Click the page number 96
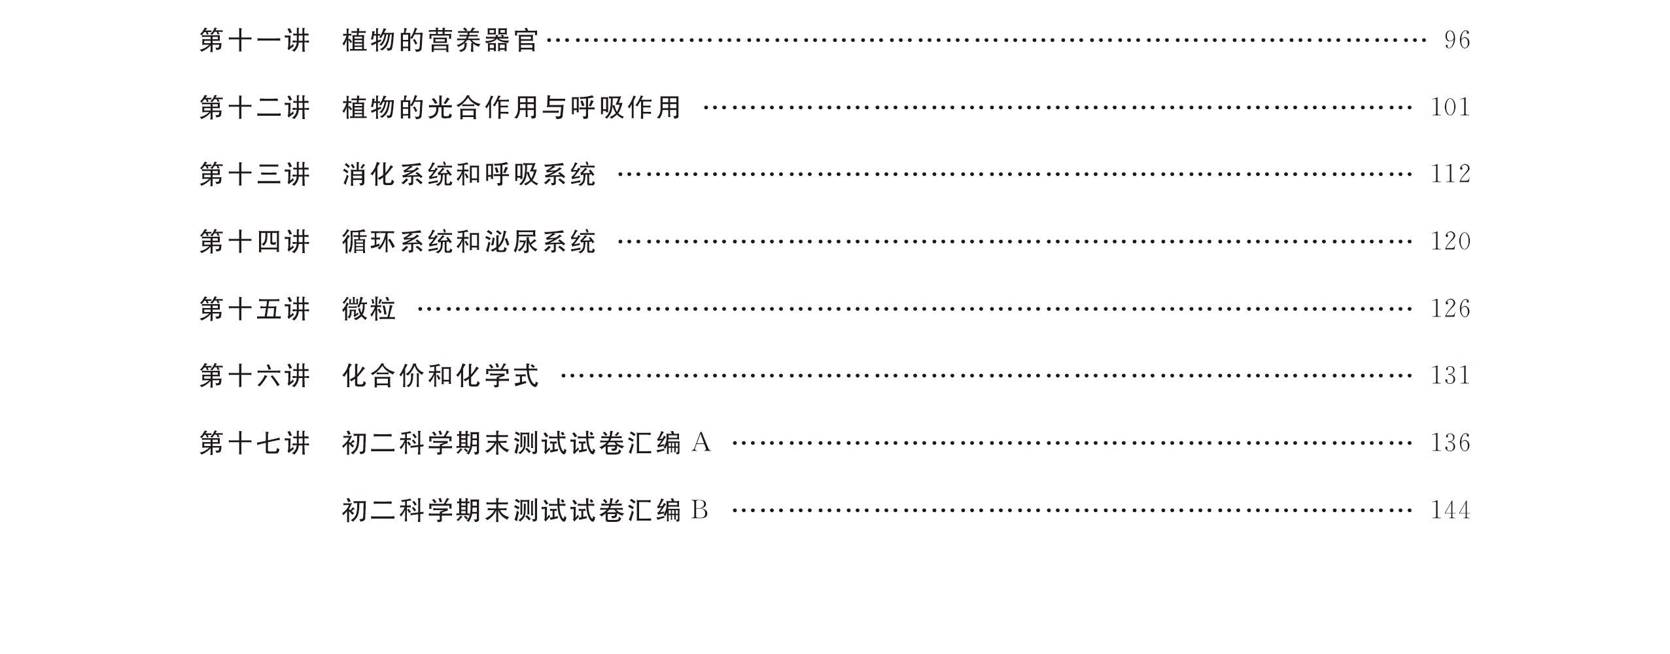pyautogui.click(x=1457, y=41)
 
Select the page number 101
pyautogui.click(x=1450, y=108)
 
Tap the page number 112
pyautogui.click(x=1450, y=175)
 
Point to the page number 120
pyautogui.click(x=1450, y=242)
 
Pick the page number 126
pyautogui.click(x=1450, y=309)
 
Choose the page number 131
pyautogui.click(x=1450, y=376)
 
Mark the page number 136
pyautogui.click(x=1450, y=443)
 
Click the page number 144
pyautogui.click(x=1450, y=511)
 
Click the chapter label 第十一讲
pyautogui.click(x=254, y=41)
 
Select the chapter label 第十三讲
pyautogui.click(x=254, y=175)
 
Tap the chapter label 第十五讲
pyautogui.click(x=254, y=309)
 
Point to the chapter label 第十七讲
pyautogui.click(x=254, y=443)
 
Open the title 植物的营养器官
pyautogui.click(x=440, y=41)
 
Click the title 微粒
pyautogui.click(x=369, y=309)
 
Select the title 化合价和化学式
pyautogui.click(x=440, y=376)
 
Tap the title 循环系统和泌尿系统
pyautogui.click(x=469, y=242)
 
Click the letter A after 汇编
pyautogui.click(x=701, y=443)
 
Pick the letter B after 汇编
pyautogui.click(x=699, y=511)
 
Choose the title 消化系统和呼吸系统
pyautogui.click(x=469, y=175)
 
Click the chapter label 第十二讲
pyautogui.click(x=254, y=108)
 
